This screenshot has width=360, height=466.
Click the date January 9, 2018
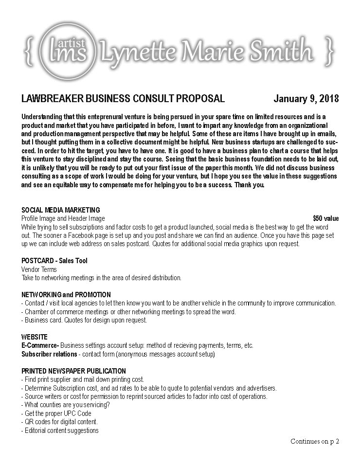306,99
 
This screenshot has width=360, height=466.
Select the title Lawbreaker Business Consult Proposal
123,99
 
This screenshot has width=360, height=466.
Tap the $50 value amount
325,218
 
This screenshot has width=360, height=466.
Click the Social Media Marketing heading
60,210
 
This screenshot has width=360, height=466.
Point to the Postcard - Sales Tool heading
54,261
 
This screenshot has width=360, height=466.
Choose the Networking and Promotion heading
66,295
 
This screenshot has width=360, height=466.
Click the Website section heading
35,337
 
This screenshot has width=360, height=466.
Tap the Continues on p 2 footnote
314,441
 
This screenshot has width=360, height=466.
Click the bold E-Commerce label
40,345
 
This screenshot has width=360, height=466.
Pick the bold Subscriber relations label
49,354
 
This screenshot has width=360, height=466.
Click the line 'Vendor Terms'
39,269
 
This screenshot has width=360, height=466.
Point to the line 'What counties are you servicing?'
66,405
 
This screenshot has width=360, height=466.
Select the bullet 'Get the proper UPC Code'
56,413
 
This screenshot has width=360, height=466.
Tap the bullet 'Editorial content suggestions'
60,430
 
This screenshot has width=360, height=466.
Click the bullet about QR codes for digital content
59,422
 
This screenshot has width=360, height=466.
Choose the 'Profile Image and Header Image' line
63,219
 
